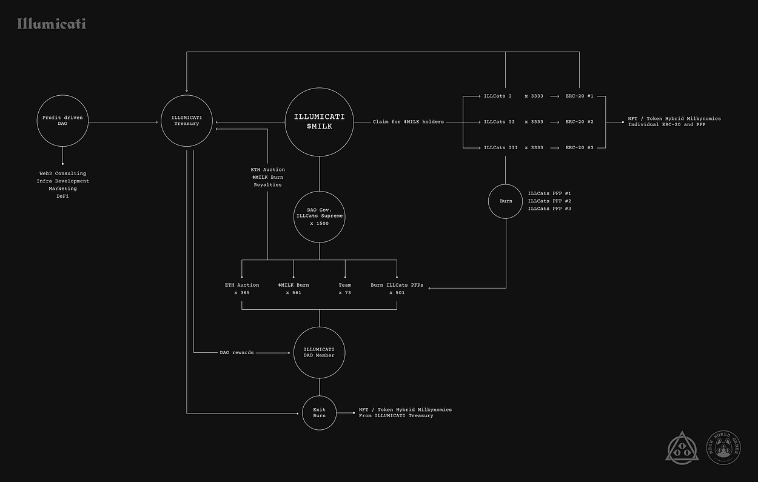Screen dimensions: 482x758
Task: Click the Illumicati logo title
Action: (52, 24)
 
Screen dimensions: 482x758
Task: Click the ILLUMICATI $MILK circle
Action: (320, 121)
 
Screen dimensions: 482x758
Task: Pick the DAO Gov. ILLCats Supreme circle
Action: (320, 217)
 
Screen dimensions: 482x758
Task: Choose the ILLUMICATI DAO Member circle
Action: (319, 352)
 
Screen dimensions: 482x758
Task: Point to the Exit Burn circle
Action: (319, 413)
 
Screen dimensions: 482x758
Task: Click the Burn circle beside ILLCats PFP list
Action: (506, 201)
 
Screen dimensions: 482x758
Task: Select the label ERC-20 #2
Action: (579, 122)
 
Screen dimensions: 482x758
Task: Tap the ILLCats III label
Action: (500, 148)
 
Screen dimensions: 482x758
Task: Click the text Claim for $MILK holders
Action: (408, 122)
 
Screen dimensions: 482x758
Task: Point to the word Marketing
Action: (62, 189)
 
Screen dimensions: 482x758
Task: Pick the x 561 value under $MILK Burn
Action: (293, 293)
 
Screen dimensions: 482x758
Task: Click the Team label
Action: (345, 285)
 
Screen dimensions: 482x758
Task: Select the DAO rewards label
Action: (236, 352)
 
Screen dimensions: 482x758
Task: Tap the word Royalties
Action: (267, 185)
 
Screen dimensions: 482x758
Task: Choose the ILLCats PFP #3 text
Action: (549, 209)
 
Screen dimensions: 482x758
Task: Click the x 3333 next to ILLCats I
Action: (534, 96)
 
